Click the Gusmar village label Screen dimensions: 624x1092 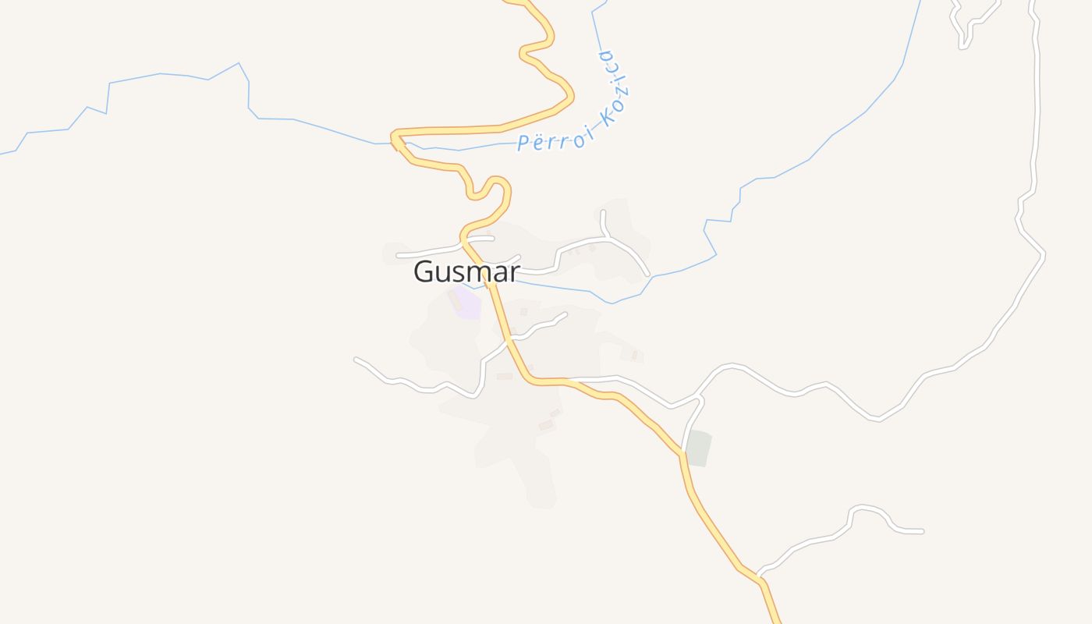(466, 271)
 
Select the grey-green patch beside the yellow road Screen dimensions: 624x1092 (698, 448)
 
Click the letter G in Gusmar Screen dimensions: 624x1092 (424, 271)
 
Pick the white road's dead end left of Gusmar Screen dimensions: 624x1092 (399, 255)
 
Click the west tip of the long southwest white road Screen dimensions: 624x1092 (356, 360)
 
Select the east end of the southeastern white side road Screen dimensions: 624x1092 (922, 531)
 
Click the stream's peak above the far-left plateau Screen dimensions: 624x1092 (238, 63)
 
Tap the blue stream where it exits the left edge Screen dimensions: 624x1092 (2, 154)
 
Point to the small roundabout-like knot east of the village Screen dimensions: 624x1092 (700, 399)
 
